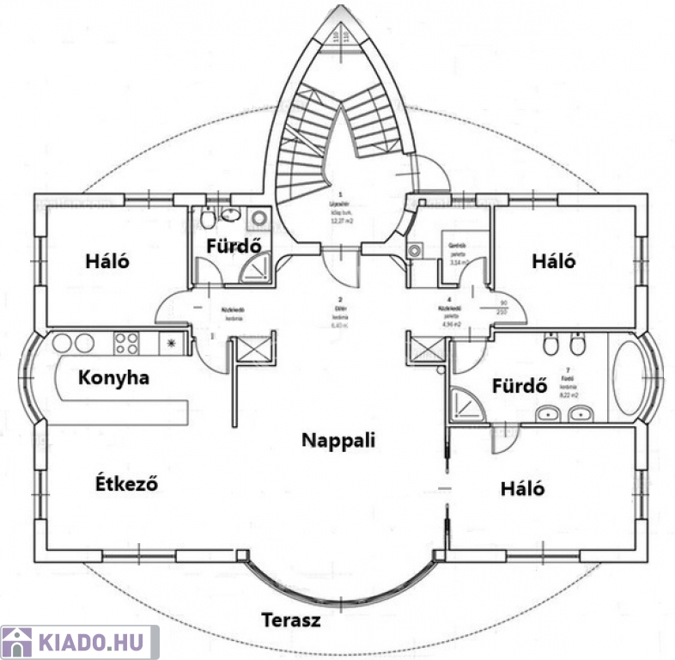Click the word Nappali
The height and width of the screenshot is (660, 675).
(x=339, y=439)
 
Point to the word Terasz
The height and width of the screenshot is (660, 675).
(x=291, y=620)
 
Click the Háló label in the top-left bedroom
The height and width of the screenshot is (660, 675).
(x=107, y=260)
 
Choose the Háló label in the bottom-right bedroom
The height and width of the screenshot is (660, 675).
(x=523, y=488)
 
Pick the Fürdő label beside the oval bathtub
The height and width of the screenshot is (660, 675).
(x=520, y=386)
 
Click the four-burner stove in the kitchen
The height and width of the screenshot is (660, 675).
(x=127, y=344)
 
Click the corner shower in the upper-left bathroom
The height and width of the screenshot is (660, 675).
(x=256, y=270)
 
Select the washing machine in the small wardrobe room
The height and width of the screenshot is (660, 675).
(x=416, y=251)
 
